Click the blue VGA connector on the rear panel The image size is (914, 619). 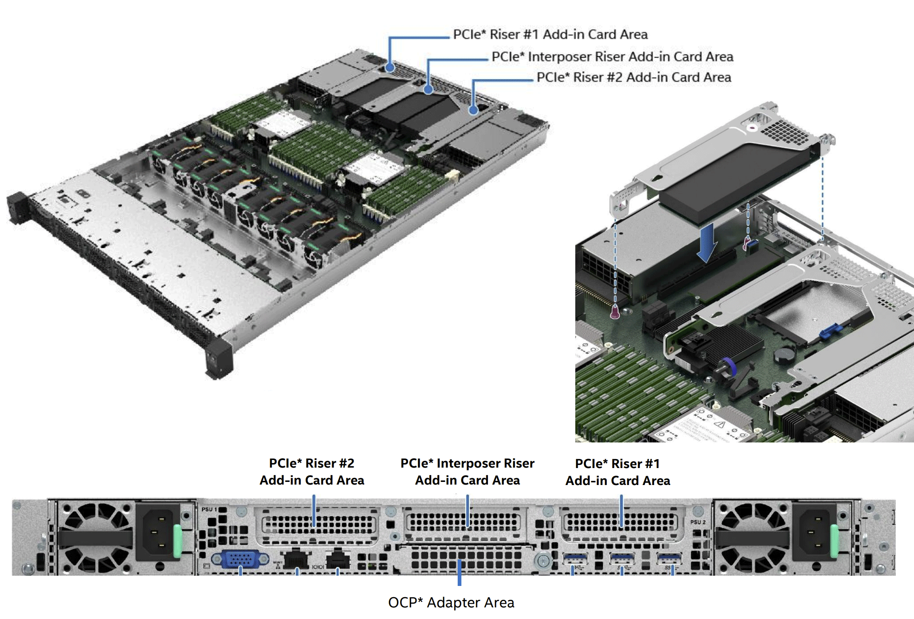coord(240,559)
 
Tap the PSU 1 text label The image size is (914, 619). coord(209,510)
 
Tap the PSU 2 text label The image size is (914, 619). coord(697,522)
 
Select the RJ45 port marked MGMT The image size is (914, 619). coord(296,559)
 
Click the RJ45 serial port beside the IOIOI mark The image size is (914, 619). coord(338,559)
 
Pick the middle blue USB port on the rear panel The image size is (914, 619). coord(622,559)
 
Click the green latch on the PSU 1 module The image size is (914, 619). coord(177,541)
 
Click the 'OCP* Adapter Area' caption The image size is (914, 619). coord(451,602)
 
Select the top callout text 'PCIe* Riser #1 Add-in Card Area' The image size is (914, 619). coord(550,34)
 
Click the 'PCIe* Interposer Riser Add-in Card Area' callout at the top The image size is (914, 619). coord(612,57)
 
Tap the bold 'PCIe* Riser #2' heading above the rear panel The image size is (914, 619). coord(312,463)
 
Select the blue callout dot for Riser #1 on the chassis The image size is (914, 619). coord(390,68)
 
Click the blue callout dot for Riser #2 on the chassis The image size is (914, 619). coord(473,110)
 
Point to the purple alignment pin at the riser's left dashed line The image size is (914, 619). coord(615,312)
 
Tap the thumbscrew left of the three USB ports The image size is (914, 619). coord(543,561)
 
